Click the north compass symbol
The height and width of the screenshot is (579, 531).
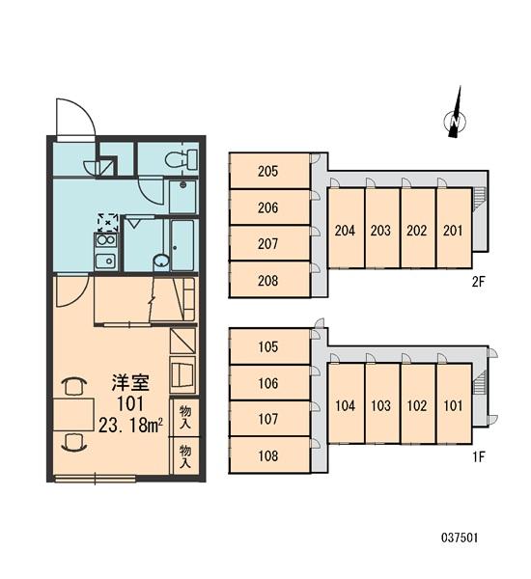[x=451, y=117]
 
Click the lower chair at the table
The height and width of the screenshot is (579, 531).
[x=70, y=442]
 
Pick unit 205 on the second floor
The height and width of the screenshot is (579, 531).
[x=268, y=173]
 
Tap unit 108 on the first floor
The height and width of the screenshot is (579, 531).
[x=268, y=455]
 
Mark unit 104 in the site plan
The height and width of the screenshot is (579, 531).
[x=345, y=405]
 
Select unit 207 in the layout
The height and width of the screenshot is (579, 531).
[x=268, y=244]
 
